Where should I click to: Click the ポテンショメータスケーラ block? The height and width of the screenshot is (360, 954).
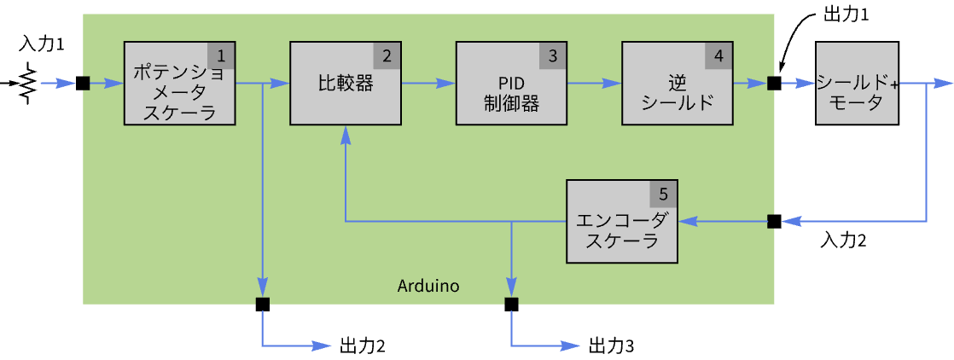click(180, 84)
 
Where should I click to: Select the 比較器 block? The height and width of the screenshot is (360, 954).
click(346, 84)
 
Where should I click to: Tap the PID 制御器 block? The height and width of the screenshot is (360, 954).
click(511, 84)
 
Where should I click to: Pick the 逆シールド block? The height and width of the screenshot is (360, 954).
click(678, 84)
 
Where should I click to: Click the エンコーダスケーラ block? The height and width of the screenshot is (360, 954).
click(622, 221)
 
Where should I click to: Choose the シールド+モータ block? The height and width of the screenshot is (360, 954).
click(857, 84)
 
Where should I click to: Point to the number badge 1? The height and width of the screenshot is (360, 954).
click(222, 56)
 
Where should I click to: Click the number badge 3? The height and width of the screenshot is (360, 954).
click(553, 56)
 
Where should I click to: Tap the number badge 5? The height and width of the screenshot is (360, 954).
click(663, 194)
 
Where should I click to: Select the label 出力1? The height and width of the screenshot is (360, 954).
click(846, 15)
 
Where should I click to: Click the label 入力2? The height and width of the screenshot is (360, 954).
click(843, 241)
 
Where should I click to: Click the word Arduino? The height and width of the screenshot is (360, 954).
click(428, 284)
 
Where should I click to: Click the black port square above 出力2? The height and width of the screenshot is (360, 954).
click(262, 304)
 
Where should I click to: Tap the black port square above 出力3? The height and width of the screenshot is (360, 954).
click(511, 304)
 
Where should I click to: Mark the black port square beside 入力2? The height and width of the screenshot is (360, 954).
click(774, 221)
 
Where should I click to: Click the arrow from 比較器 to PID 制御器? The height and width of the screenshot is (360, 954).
click(428, 84)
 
